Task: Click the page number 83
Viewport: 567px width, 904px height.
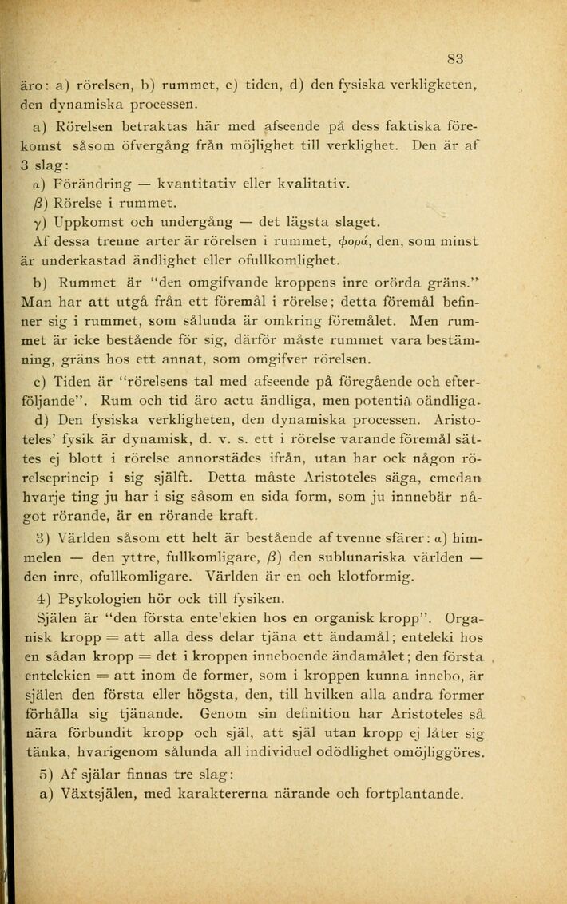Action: [455, 57]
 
